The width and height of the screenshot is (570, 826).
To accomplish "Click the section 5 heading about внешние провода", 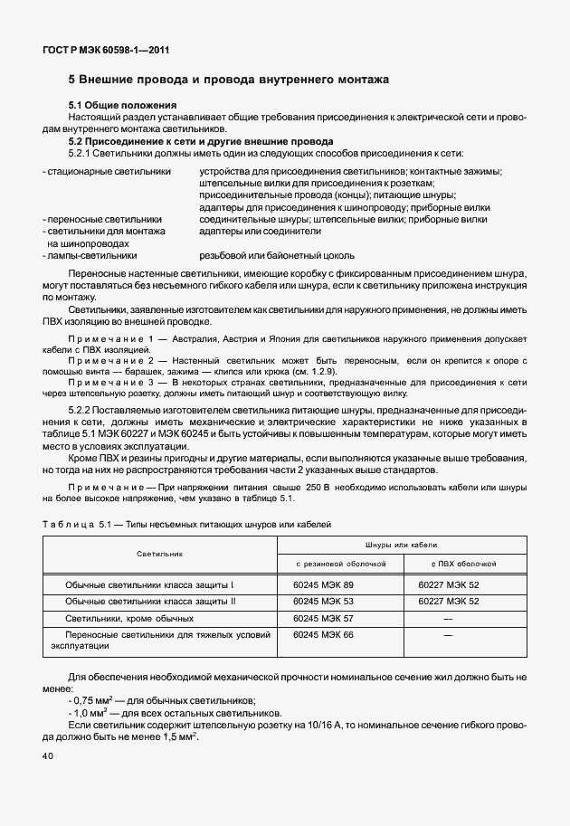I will point(229,80).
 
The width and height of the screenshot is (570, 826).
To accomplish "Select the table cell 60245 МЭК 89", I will point(323,585).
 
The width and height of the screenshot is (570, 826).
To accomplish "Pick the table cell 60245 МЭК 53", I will point(323,602).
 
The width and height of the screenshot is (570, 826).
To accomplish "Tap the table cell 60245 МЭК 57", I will point(323,618).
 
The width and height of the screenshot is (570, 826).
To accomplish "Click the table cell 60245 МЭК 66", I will point(323,635).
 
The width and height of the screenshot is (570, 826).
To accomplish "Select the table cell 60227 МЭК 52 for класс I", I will point(448,585).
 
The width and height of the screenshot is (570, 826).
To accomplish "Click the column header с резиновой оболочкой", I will point(341,563).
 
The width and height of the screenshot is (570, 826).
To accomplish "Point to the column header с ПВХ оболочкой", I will point(448,563).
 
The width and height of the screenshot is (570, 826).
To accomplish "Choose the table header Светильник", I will point(159,552).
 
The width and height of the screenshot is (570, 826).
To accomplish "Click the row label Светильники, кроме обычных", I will point(129,618).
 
